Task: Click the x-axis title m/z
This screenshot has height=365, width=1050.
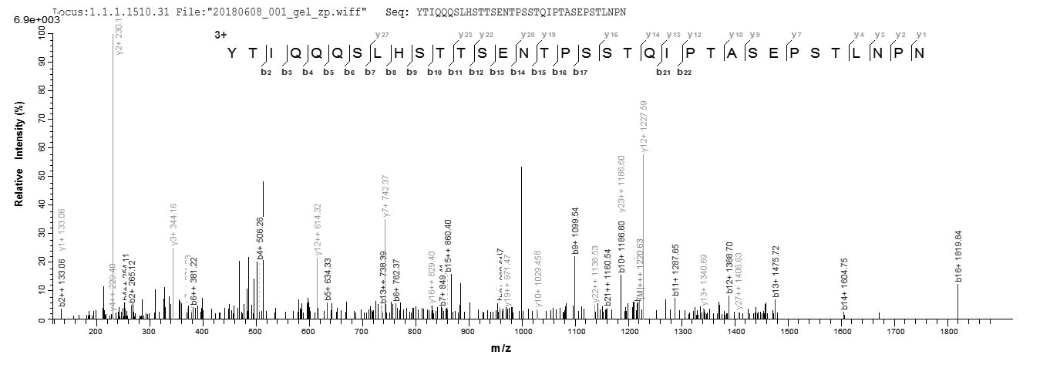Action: pos(500,348)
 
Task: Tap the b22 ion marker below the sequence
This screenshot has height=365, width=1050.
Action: pos(684,73)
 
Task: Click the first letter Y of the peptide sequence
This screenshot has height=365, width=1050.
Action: pos(231,53)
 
